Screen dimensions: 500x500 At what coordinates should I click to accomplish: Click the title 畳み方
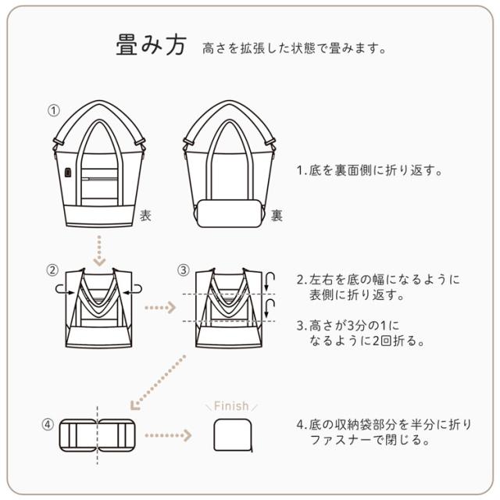tap(151, 46)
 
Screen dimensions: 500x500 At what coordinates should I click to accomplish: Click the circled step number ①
tap(54, 110)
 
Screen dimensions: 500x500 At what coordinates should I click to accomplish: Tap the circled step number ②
tap(52, 270)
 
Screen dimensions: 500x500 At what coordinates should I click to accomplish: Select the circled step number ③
tap(183, 270)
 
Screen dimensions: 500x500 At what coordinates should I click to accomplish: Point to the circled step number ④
tap(48, 426)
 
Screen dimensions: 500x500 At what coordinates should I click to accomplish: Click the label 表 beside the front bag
tap(145, 216)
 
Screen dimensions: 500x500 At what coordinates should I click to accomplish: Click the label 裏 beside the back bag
tap(277, 216)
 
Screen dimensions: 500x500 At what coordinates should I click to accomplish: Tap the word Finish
tap(230, 405)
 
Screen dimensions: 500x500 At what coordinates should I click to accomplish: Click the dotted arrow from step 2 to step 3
tap(160, 308)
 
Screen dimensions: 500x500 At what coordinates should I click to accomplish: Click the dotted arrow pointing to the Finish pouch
tap(168, 435)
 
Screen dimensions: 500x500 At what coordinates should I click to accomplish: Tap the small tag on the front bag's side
tap(68, 172)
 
